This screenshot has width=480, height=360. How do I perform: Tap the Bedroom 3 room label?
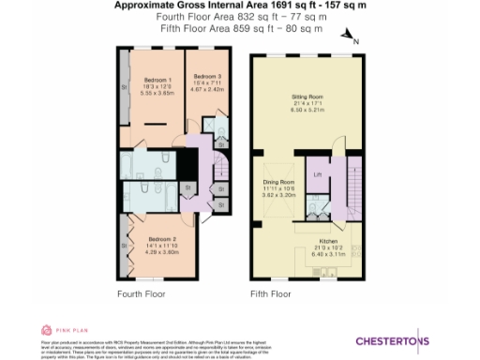[207, 75]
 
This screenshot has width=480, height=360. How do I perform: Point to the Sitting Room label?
[307, 97]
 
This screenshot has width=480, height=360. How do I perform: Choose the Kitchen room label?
[326, 240]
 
